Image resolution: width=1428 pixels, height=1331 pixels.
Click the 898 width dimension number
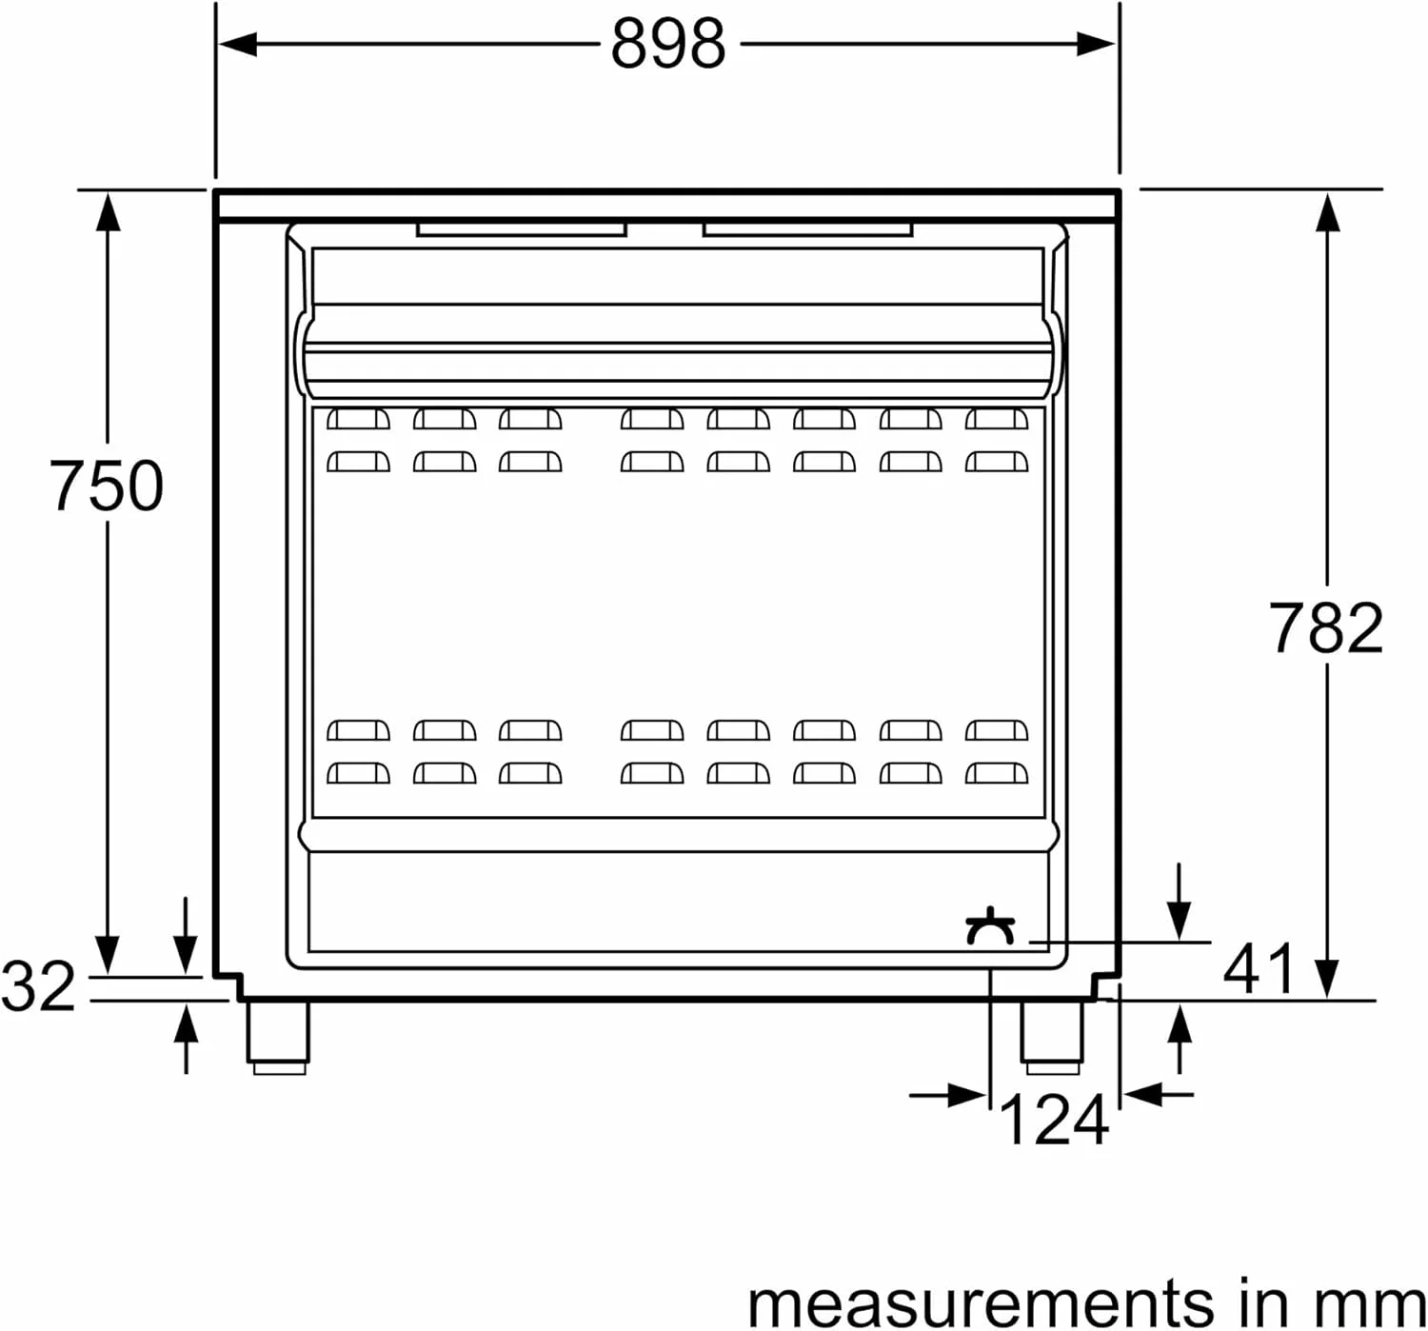tap(668, 44)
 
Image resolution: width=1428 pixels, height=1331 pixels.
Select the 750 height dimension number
tap(107, 486)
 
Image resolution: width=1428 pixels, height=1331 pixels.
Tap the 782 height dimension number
tap(1326, 627)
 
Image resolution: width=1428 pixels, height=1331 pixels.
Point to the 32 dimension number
tap(38, 985)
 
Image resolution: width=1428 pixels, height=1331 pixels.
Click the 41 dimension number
tap(1259, 970)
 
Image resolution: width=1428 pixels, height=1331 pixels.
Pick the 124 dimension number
tap(1054, 1121)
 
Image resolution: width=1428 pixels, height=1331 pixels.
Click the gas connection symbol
tap(991, 926)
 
